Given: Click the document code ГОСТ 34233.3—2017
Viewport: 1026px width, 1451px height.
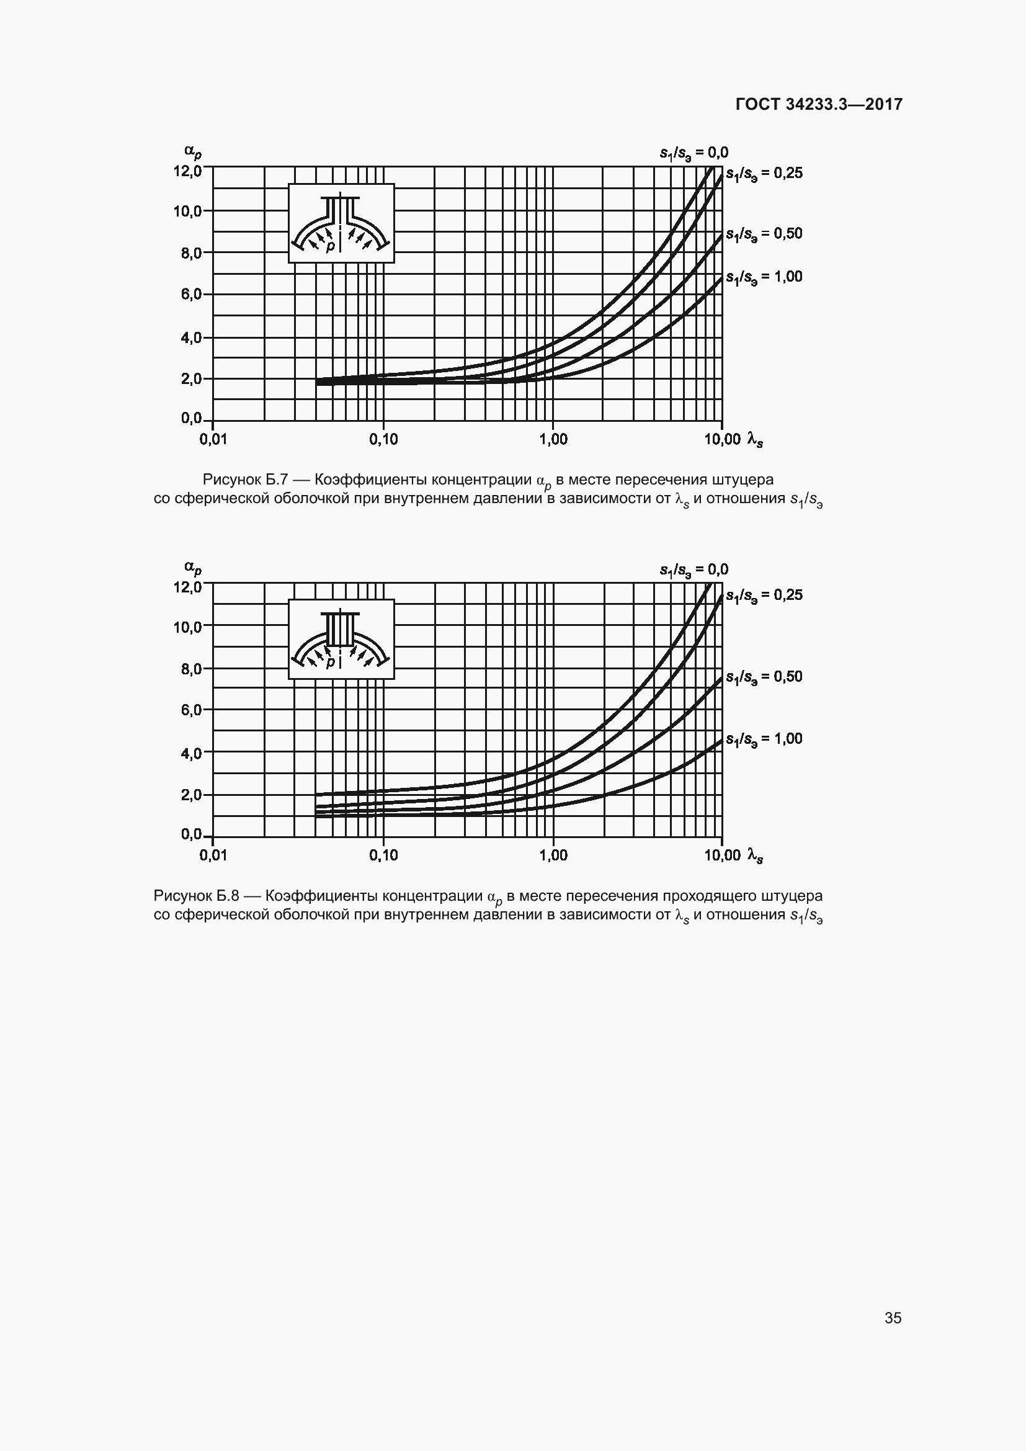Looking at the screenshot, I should tap(819, 104).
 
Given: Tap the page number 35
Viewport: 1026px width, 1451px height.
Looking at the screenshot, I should tap(893, 1318).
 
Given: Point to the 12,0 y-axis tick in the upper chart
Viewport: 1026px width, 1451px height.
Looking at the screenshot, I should tap(187, 171).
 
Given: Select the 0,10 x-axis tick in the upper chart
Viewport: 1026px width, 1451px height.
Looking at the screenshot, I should tap(383, 439).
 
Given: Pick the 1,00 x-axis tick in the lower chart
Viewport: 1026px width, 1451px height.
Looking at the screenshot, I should tap(553, 855).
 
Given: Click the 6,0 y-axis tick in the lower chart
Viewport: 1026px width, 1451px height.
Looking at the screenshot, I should tap(192, 710).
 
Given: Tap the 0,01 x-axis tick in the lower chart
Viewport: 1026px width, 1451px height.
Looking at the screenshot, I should tap(213, 855).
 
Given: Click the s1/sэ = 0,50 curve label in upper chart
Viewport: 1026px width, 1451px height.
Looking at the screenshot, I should tap(764, 234).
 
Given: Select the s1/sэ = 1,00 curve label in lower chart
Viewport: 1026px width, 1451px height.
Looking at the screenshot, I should tap(764, 739).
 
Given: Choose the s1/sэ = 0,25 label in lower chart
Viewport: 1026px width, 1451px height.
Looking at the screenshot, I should tap(764, 596).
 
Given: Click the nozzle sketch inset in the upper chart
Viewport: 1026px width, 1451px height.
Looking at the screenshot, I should tap(341, 223).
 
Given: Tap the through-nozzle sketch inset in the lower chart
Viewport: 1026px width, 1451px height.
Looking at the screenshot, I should tap(341, 639).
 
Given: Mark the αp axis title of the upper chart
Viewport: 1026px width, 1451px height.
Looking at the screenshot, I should tap(193, 151).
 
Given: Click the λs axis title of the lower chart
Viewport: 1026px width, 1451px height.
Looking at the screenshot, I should tap(755, 855).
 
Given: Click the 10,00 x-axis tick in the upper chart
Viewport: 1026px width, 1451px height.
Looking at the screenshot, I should tap(722, 439).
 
